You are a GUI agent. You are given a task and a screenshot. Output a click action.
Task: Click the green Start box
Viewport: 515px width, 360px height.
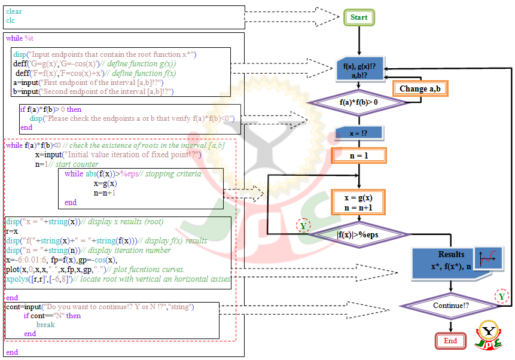click(359, 17)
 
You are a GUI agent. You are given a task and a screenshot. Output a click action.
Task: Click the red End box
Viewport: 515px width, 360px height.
click(450, 341)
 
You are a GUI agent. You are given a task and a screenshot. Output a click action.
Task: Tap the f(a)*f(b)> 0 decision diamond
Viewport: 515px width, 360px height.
click(359, 102)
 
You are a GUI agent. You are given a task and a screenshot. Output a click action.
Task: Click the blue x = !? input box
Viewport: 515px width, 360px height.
click(359, 133)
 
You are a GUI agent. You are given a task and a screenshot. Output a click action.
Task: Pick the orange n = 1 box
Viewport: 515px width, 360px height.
click(359, 155)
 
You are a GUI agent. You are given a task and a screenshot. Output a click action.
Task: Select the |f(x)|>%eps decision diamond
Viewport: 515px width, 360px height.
click(359, 235)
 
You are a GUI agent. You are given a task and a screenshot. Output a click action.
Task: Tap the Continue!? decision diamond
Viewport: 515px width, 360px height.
click(450, 306)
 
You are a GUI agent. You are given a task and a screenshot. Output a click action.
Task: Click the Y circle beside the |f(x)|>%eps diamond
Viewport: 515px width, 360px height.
click(303, 225)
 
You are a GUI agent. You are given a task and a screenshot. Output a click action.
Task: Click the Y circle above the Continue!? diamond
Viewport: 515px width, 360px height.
click(501, 296)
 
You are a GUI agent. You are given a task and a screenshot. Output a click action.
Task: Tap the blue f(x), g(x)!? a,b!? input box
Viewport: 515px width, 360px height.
click(359, 69)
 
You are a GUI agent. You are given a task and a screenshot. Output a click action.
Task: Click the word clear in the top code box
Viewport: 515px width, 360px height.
click(14, 11)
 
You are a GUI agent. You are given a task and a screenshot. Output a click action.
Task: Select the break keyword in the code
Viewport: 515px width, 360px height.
click(45, 325)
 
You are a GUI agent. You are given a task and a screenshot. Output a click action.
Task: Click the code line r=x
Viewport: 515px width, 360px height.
click(11, 231)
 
